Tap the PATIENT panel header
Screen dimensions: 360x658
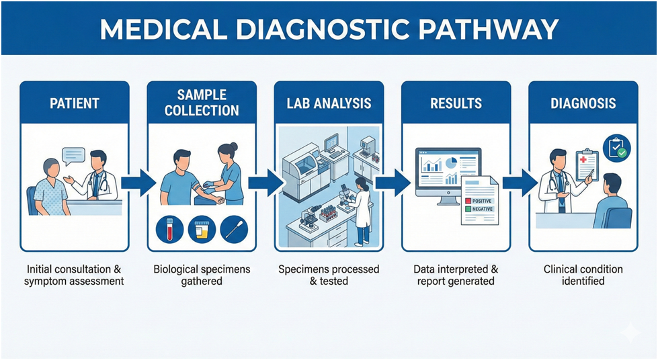tap(74, 103)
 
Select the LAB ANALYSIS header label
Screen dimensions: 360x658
tap(328, 103)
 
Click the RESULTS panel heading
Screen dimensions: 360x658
tap(456, 103)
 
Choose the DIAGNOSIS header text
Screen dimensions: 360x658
tap(583, 103)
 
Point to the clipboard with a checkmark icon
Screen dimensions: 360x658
tap(616, 148)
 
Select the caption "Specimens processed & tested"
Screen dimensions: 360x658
tap(328, 275)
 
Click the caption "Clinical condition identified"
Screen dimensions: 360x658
tap(583, 275)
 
